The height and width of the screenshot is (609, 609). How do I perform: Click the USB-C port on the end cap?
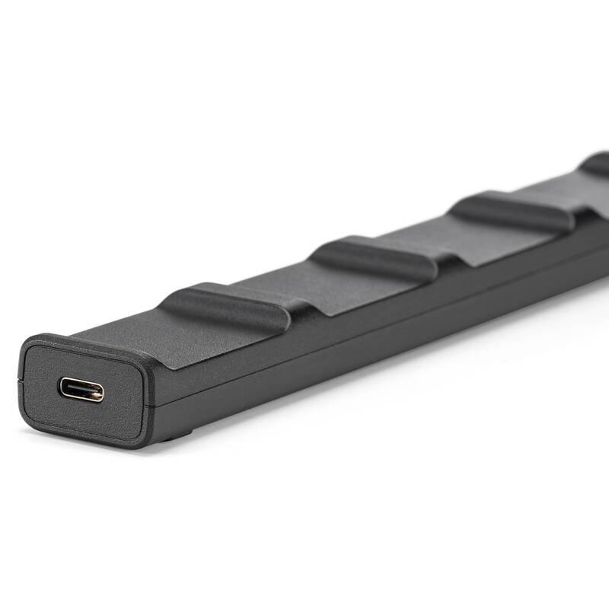(x=81, y=390)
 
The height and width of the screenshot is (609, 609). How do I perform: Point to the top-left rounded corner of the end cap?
(x=27, y=344)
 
